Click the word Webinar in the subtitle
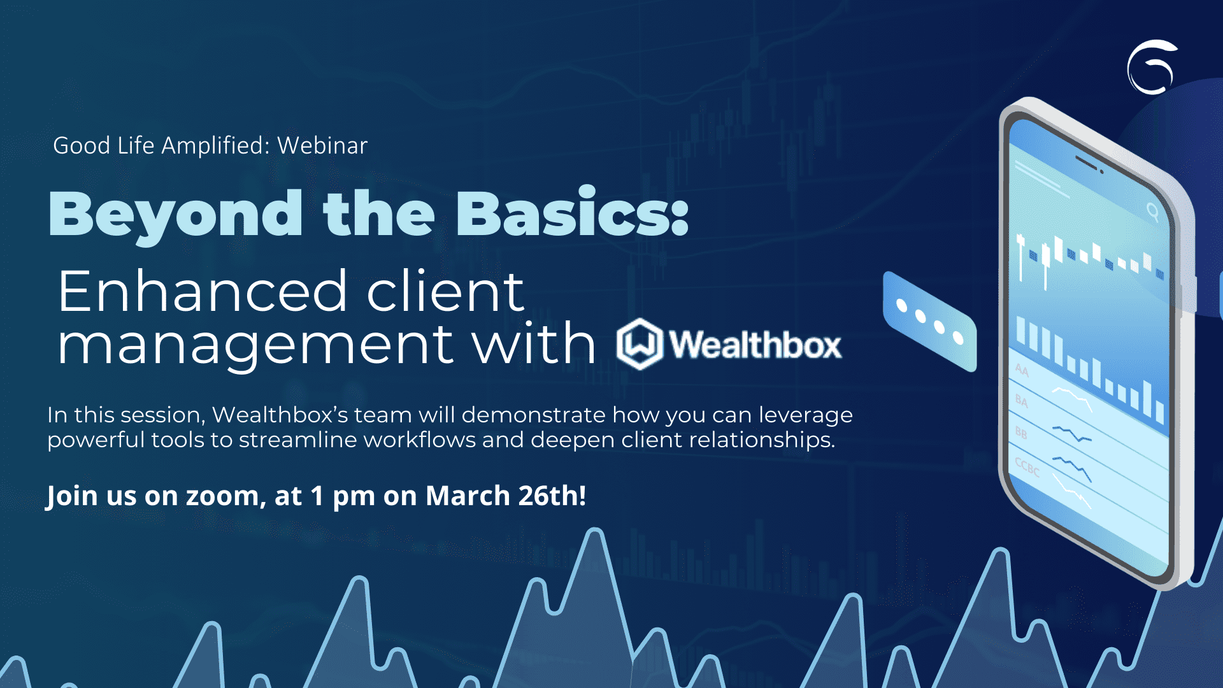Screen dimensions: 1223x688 (x=322, y=146)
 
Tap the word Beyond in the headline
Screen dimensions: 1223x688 (x=176, y=215)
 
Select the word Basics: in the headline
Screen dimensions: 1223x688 (x=572, y=212)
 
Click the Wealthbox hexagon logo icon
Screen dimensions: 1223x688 (x=640, y=344)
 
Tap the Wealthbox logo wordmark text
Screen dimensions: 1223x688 (x=755, y=345)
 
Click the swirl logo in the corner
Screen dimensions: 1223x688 (x=1152, y=67)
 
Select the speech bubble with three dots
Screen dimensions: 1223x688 (x=930, y=322)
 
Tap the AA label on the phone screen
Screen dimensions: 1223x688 (x=1022, y=369)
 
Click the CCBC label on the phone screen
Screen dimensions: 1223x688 (x=1027, y=467)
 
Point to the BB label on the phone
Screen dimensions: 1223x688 (x=1021, y=433)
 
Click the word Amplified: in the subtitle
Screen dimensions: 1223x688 (x=216, y=146)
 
